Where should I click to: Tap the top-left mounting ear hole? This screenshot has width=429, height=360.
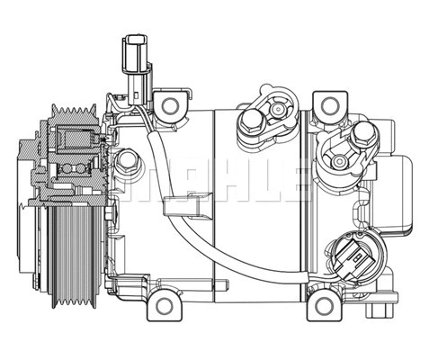[x=168, y=105]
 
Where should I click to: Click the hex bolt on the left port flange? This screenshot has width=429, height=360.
[x=251, y=121]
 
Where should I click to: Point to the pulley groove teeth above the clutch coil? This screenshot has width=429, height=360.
[x=72, y=115]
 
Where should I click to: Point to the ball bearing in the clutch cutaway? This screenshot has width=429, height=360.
[x=73, y=169]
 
